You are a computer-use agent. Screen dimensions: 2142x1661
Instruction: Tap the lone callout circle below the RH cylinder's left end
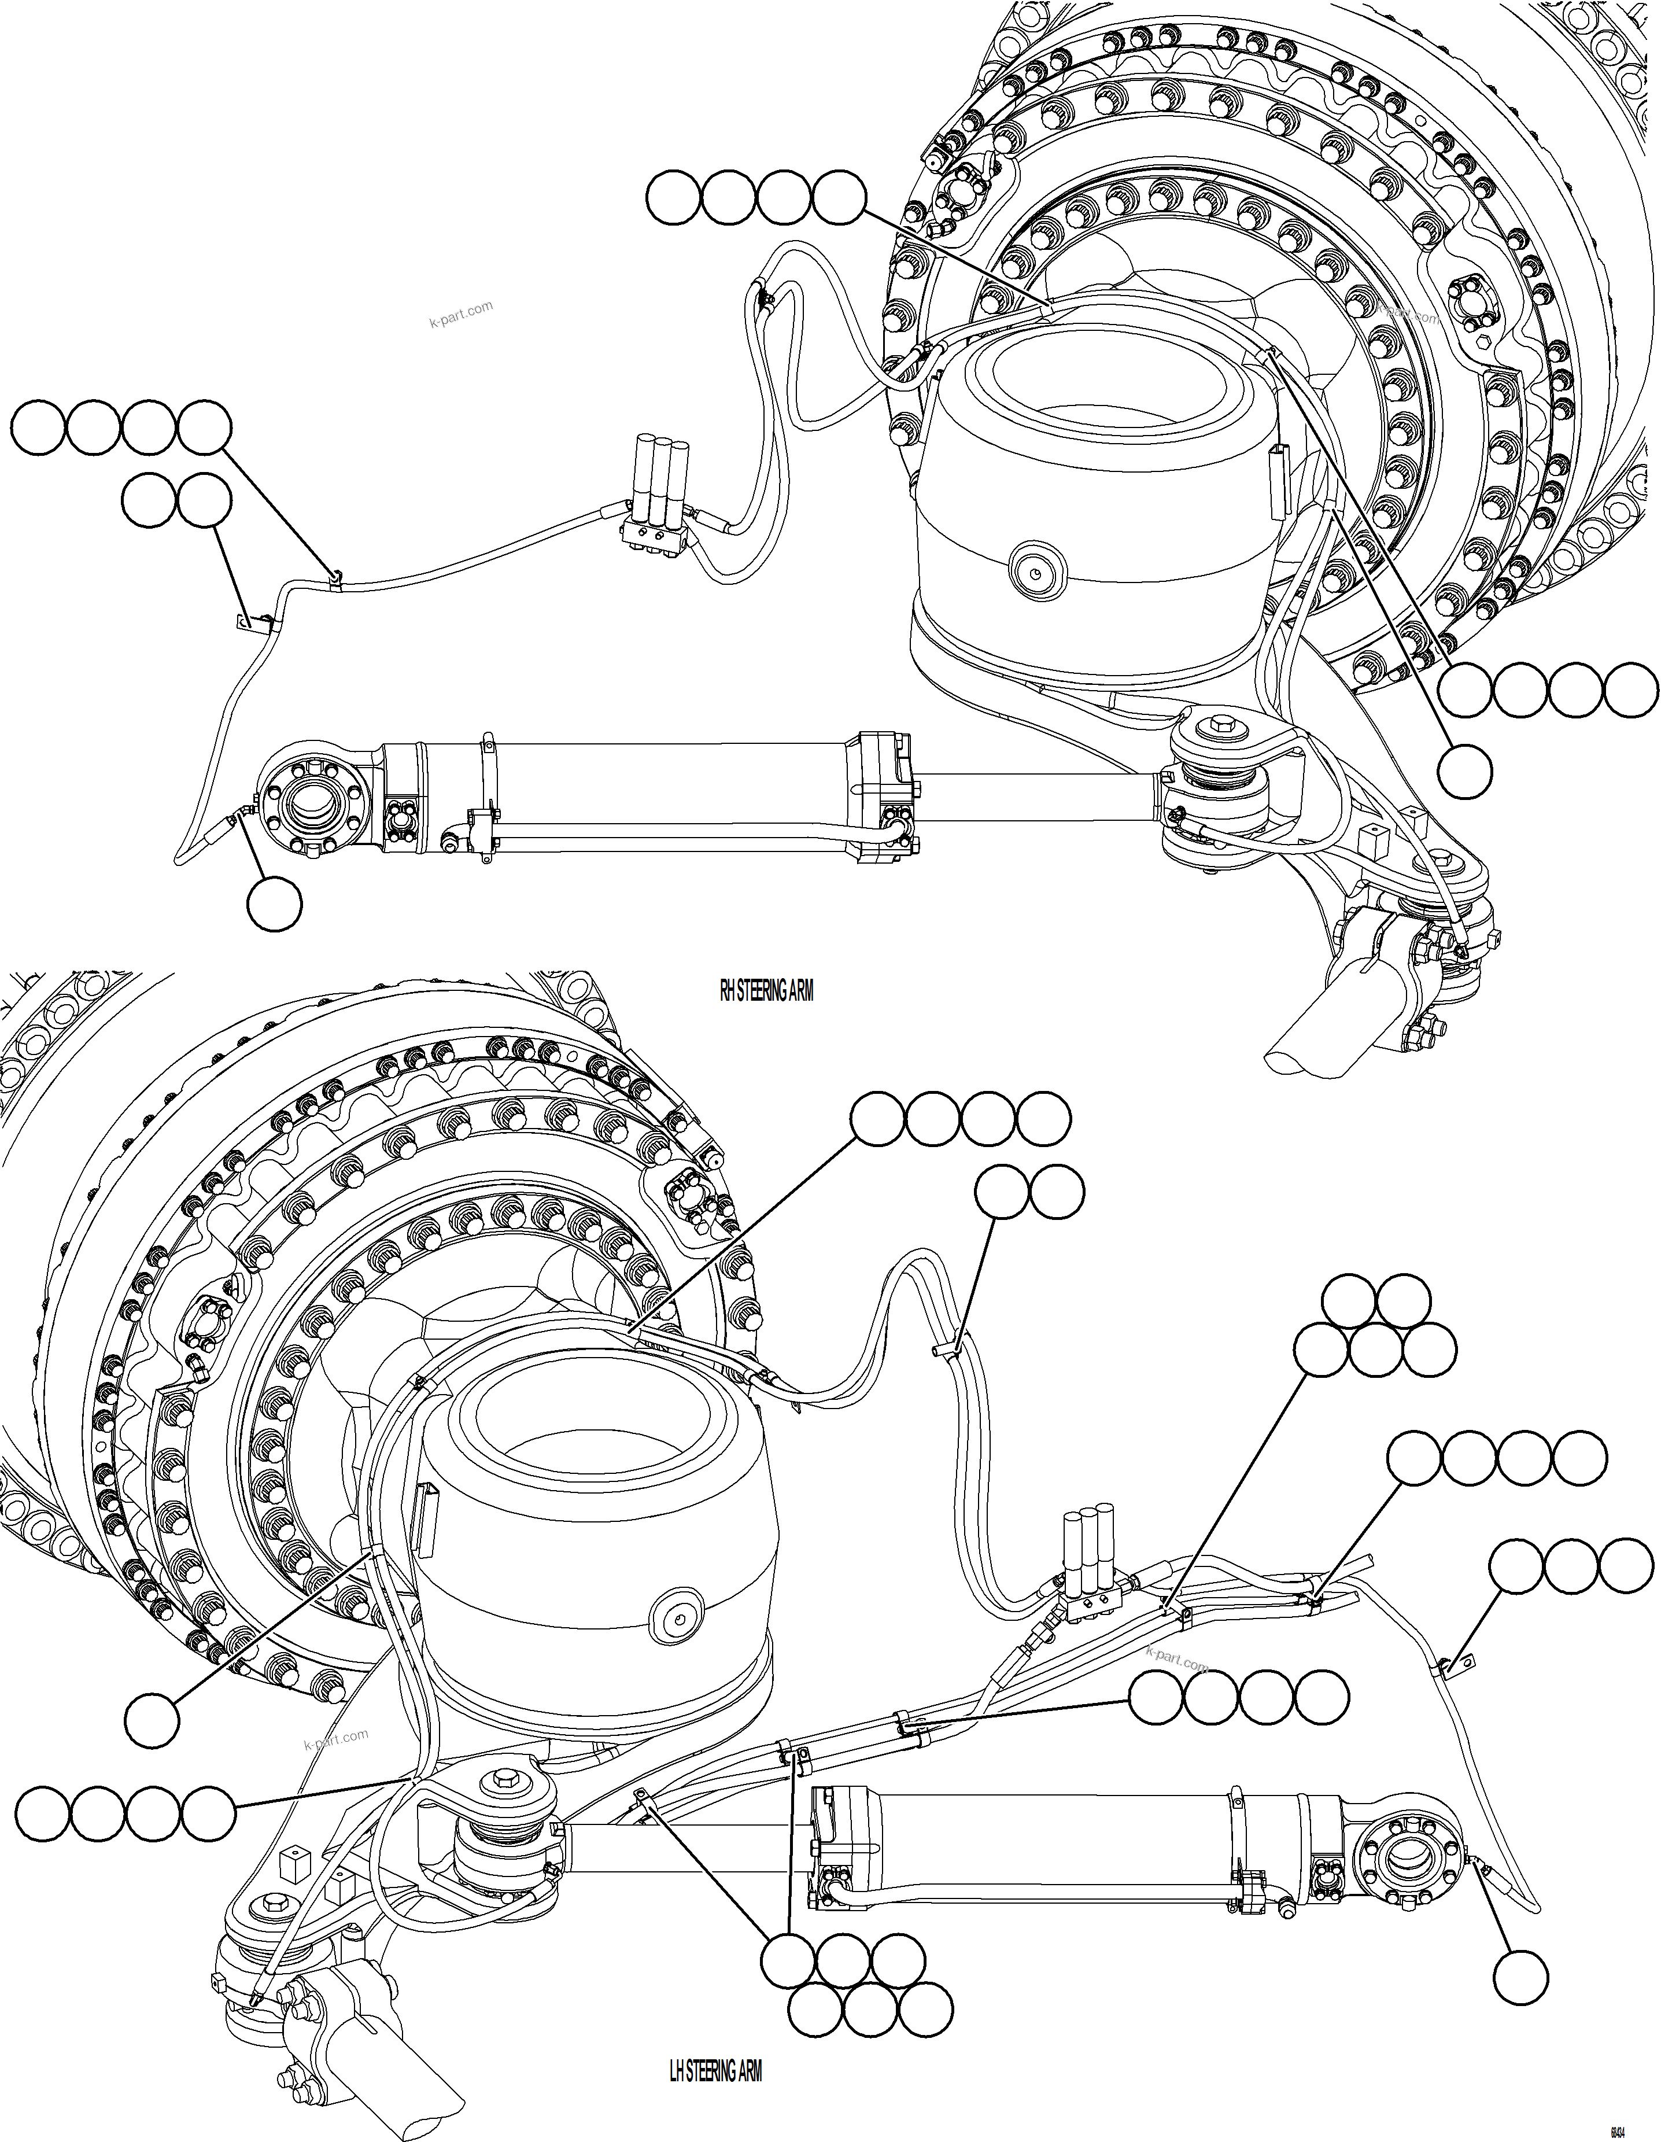click(274, 904)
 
